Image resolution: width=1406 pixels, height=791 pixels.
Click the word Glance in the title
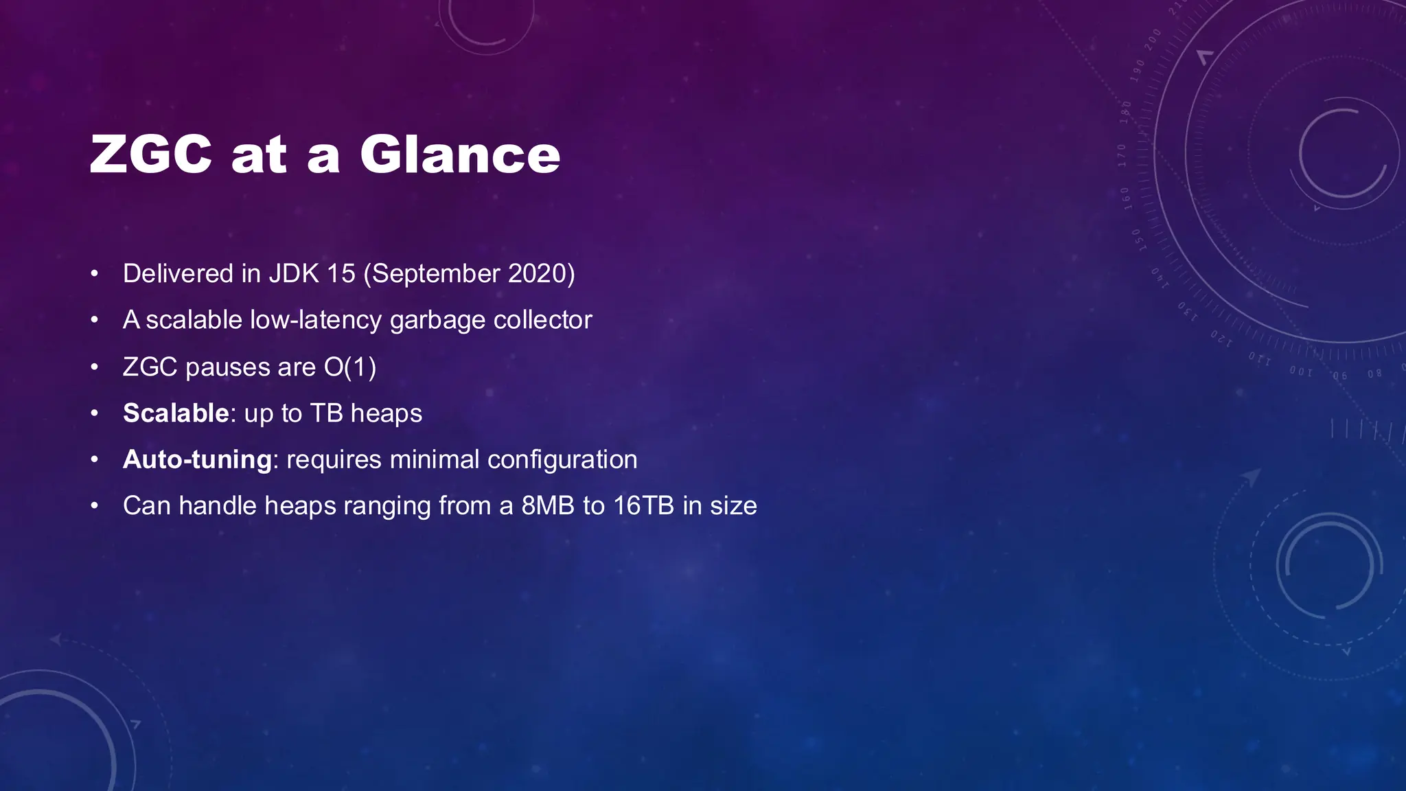tap(460, 154)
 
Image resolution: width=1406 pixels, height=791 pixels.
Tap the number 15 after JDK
tap(341, 273)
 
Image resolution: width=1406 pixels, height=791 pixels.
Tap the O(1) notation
tap(350, 367)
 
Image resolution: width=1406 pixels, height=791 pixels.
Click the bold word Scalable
tap(176, 413)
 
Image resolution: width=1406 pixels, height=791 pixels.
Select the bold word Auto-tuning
tap(198, 459)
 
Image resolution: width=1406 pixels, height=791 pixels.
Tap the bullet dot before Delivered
tap(95, 274)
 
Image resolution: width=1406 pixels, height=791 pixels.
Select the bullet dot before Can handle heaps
tap(95, 506)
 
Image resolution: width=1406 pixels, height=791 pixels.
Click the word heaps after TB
tap(386, 414)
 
